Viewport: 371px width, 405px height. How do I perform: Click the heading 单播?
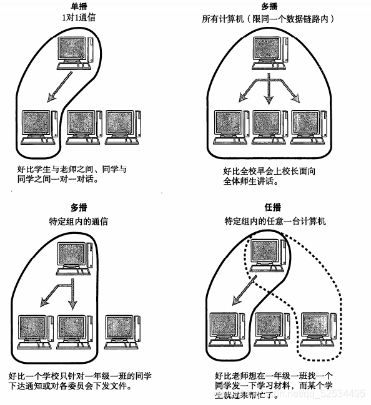click(79, 6)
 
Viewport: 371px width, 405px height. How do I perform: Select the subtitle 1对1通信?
click(79, 17)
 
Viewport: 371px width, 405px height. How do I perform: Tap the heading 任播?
click(273, 207)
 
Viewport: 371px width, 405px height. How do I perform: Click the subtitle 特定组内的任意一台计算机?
click(275, 221)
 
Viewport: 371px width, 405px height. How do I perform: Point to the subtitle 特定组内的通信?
click(79, 222)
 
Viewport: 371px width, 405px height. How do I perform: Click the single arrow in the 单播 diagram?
click(59, 87)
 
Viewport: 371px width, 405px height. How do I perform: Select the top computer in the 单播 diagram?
click(75, 53)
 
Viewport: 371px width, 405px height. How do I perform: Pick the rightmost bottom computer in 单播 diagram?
click(122, 127)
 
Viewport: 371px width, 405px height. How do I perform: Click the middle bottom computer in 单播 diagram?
click(84, 127)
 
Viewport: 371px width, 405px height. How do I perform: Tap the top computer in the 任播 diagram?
click(267, 255)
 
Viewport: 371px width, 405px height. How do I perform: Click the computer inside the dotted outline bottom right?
click(319, 329)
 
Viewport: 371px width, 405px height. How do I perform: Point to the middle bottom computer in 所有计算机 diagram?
click(270, 127)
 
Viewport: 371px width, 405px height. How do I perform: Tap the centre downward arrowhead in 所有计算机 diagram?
click(269, 99)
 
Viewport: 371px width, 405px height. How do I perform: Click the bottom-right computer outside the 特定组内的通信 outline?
click(122, 332)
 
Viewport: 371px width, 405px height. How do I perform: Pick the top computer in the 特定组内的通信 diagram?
click(74, 258)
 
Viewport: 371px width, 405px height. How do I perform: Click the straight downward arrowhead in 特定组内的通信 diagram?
click(72, 305)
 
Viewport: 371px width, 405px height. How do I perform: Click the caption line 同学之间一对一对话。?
click(58, 178)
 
